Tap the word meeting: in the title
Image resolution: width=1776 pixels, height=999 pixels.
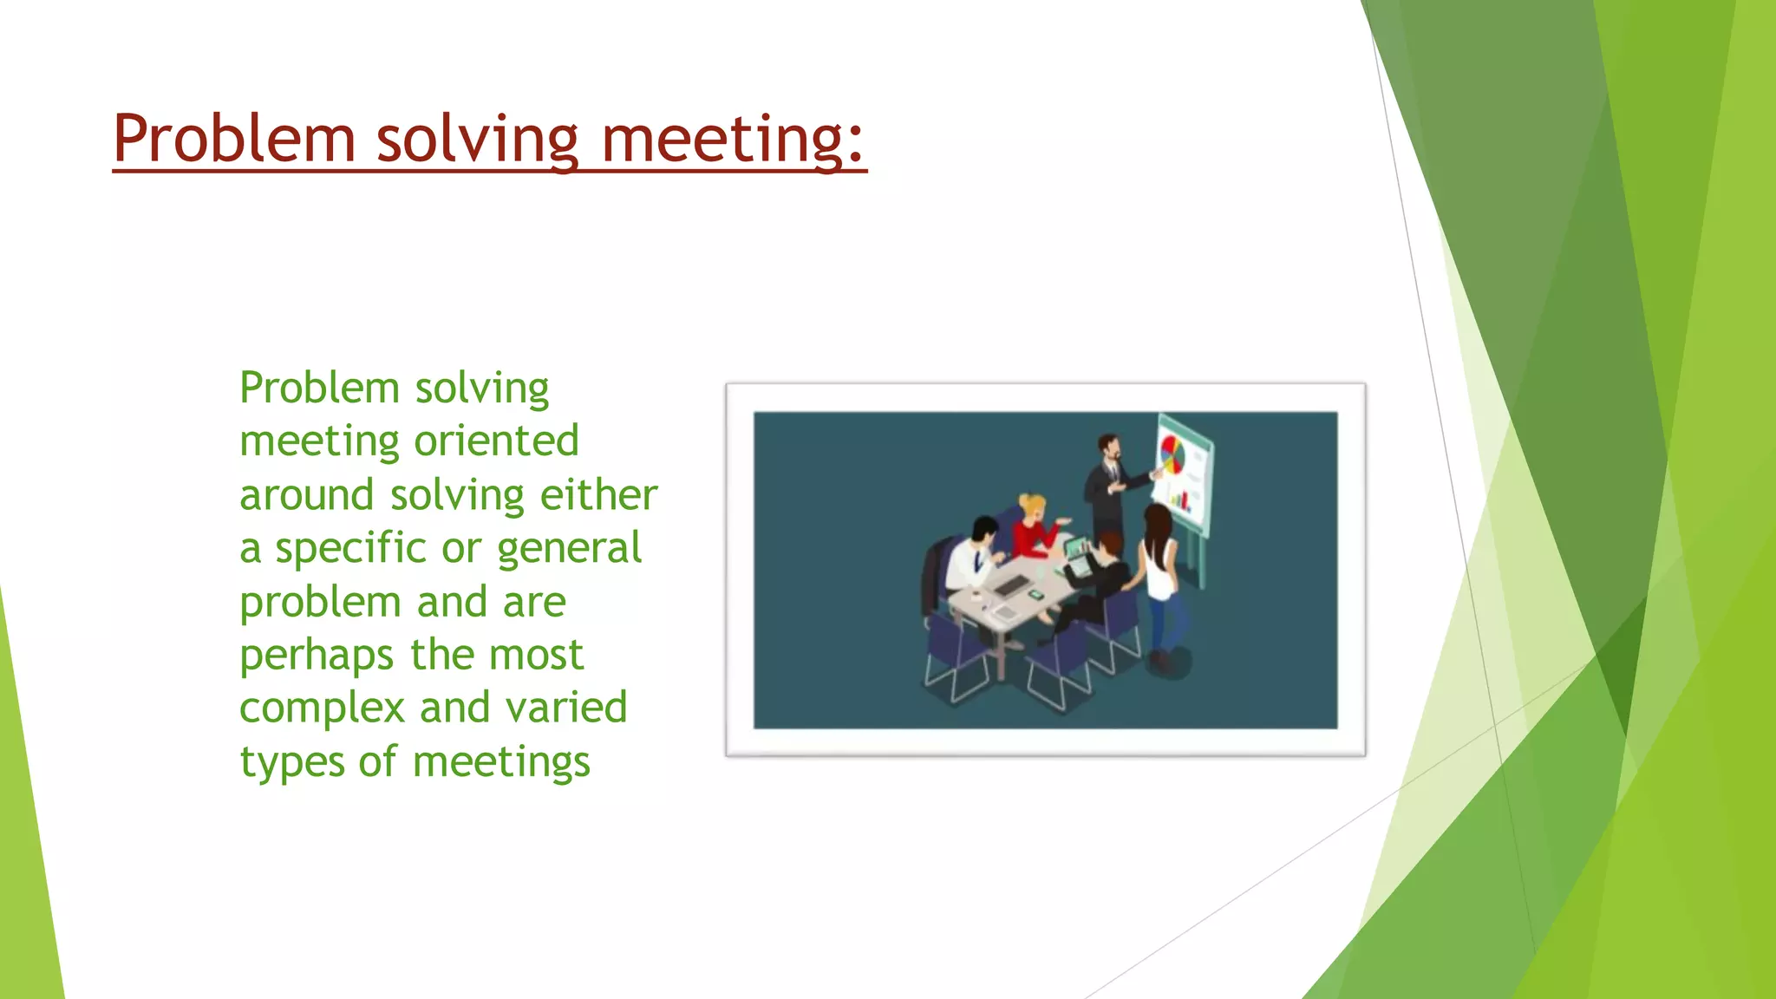coord(733,139)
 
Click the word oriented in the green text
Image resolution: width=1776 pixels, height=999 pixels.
coord(496,441)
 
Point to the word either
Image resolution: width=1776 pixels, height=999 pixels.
coord(598,494)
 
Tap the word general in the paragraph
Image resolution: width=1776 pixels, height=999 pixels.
coord(569,549)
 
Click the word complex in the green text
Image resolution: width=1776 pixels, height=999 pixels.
coord(322,708)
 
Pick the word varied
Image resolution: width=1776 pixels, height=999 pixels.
coord(566,707)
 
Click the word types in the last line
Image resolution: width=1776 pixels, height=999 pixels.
coord(291,763)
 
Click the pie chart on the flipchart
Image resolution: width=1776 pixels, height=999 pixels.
coord(1172,454)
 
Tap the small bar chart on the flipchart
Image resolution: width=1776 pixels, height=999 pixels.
coord(1180,499)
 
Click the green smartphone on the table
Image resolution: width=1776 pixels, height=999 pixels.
coord(1035,595)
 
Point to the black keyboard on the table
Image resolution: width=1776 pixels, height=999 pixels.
coord(1011,586)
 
